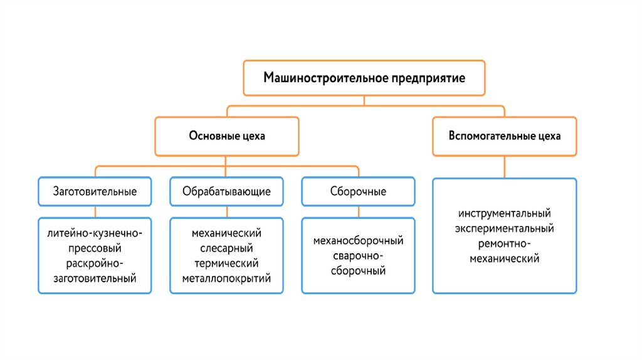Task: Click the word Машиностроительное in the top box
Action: [x=325, y=78]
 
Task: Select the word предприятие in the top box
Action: [x=428, y=78]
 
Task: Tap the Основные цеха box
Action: [x=227, y=136]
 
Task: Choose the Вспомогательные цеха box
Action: [x=504, y=136]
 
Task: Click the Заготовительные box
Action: [x=95, y=191]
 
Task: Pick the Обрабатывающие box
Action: [x=226, y=191]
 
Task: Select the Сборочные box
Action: [x=358, y=191]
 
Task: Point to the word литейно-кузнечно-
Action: [x=95, y=233]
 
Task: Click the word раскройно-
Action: [x=95, y=263]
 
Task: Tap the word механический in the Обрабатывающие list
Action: [x=226, y=233]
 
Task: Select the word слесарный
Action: [x=226, y=248]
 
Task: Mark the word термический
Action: [x=226, y=263]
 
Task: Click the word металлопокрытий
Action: [x=226, y=278]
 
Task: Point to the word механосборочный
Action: [x=358, y=241]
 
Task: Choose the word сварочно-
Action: [x=358, y=256]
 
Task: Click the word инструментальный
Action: [x=504, y=213]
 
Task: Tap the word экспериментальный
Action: [x=504, y=228]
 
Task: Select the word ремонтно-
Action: [x=504, y=243]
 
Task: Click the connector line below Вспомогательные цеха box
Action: [x=504, y=167]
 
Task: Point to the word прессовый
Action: [x=95, y=248]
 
